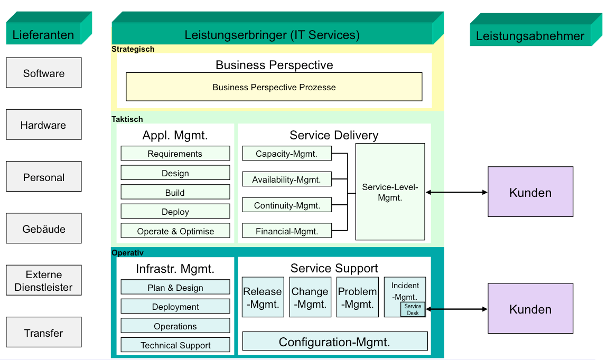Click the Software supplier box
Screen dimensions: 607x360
[44, 73]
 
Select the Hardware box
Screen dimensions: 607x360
[44, 125]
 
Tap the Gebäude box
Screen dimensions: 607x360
[44, 228]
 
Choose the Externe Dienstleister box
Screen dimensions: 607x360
[44, 280]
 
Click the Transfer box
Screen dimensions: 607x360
[44, 332]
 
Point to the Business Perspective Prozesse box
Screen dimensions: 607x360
[274, 87]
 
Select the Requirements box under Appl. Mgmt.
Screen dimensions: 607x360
[175, 154]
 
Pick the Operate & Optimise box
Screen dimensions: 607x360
[175, 231]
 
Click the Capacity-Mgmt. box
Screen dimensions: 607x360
[287, 154]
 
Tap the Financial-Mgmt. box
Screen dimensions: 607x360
[287, 231]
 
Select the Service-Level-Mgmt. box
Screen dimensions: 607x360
[390, 192]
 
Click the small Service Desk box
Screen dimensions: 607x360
[413, 309]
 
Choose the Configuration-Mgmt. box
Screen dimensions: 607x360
[335, 342]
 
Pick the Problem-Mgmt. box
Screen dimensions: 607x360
[357, 297]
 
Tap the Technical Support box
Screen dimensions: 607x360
[175, 345]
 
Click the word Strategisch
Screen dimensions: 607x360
[133, 49]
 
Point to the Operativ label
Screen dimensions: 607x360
[127, 253]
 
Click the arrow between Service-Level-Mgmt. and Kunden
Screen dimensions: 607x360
[456, 192]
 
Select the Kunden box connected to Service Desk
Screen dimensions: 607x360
[530, 309]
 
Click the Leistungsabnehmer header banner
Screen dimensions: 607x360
[536, 30]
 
